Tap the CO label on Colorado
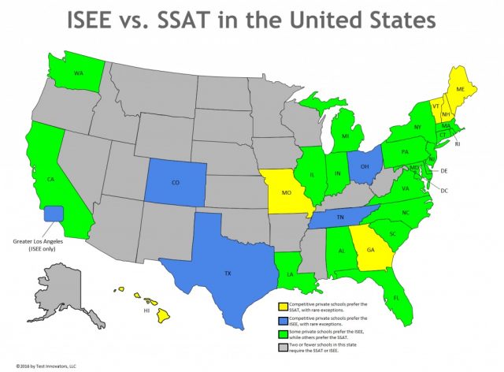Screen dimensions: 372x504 pyautogui.click(x=176, y=182)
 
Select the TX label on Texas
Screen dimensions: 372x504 pyautogui.click(x=228, y=273)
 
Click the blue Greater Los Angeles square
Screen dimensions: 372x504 pyautogui.click(x=54, y=213)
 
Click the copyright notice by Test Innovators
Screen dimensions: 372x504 pyautogui.click(x=46, y=366)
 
